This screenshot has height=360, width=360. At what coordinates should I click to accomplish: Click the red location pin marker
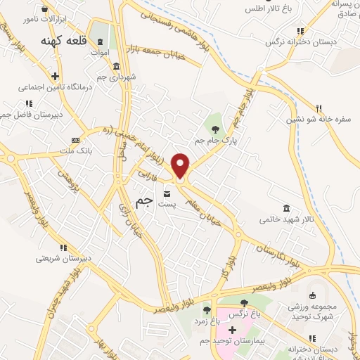(x=180, y=166)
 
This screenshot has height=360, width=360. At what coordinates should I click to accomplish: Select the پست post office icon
(x=167, y=193)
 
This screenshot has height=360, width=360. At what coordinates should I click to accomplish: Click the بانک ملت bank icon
(x=75, y=141)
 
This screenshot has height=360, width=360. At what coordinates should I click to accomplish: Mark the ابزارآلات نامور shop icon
(x=46, y=10)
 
